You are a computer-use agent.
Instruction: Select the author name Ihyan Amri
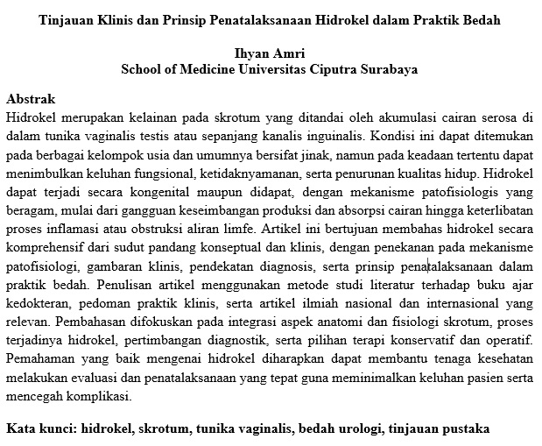270,54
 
